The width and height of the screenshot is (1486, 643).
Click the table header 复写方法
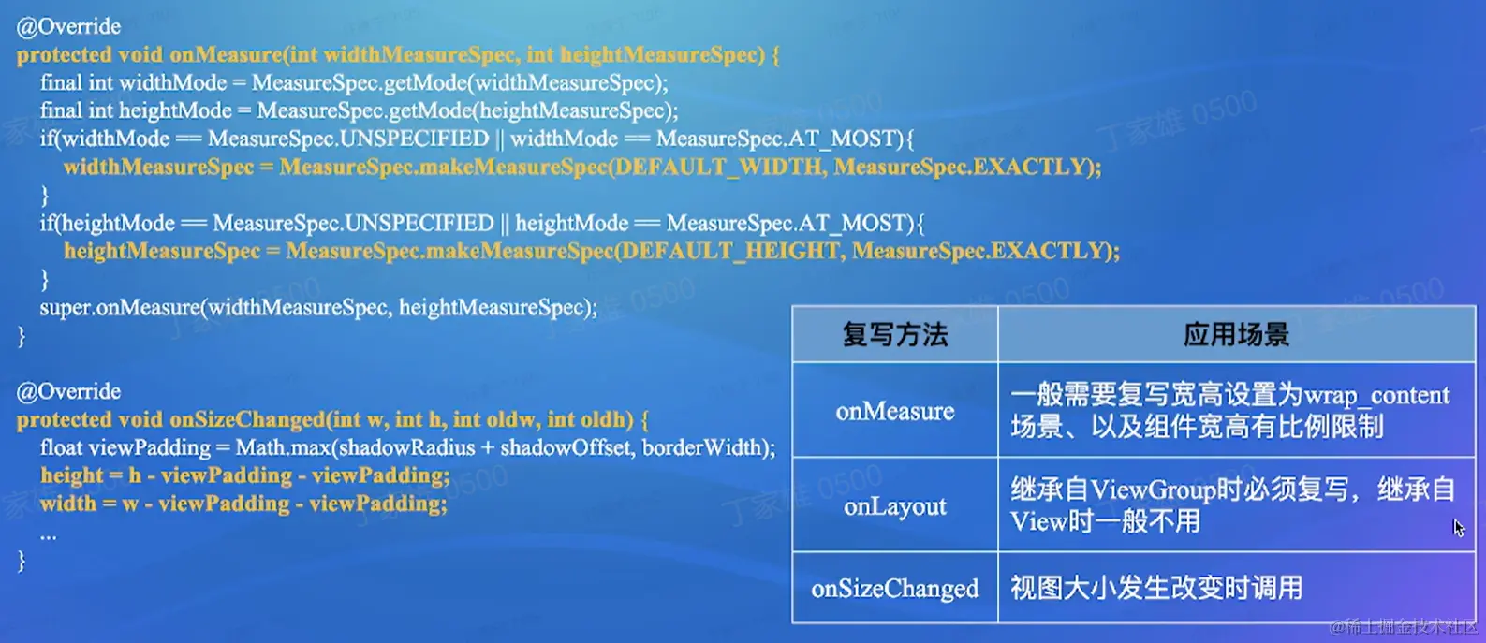[x=895, y=335]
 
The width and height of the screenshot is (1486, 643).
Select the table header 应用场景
[x=1237, y=335]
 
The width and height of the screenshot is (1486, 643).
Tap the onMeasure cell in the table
[x=895, y=411]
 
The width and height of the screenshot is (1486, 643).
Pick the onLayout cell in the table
[x=895, y=506]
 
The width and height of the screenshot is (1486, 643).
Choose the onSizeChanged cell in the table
[x=895, y=588]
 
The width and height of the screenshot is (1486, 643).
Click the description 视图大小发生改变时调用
[x=1156, y=588]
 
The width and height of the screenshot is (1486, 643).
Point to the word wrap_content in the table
[x=1376, y=396]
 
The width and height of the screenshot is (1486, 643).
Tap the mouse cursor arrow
[x=1458, y=528]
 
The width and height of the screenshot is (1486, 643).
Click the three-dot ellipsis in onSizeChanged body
[x=49, y=535]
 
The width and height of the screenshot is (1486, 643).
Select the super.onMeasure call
[x=318, y=308]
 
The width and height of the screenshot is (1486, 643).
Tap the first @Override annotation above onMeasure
[x=68, y=26]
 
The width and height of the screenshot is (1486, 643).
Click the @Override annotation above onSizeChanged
[x=68, y=392]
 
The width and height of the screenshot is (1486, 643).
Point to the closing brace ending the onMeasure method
[x=22, y=336]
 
